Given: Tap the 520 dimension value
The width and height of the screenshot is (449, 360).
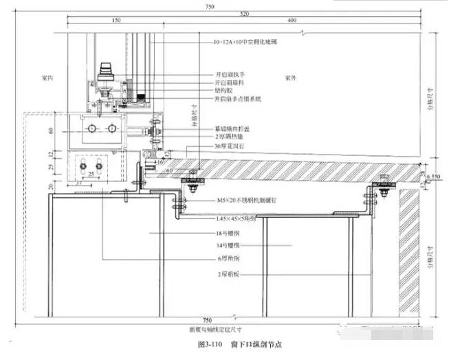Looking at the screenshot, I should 244,13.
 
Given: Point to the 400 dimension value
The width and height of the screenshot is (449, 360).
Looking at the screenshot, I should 292,21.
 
